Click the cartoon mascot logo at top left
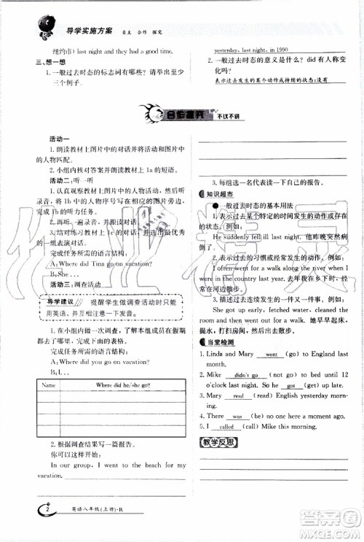pos(33,25)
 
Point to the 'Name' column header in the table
pos(50,384)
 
